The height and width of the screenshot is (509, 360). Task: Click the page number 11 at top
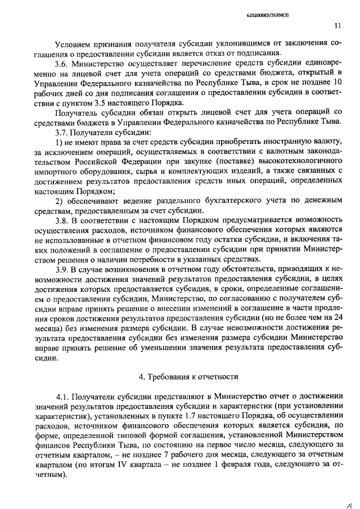(336, 25)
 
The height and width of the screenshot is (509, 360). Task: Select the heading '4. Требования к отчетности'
(188, 376)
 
